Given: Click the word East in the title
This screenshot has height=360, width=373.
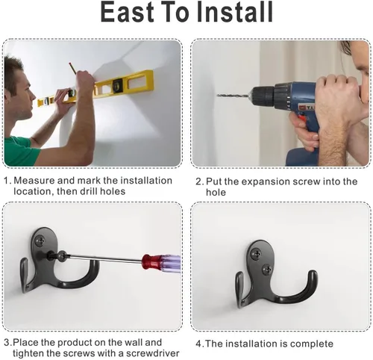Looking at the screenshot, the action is pyautogui.click(x=127, y=12).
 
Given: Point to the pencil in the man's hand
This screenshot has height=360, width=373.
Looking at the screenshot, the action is pyautogui.click(x=72, y=68).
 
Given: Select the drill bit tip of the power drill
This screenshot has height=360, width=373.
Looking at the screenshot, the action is pyautogui.click(x=218, y=95).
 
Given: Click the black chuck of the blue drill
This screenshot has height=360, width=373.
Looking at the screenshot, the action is pyautogui.click(x=263, y=95).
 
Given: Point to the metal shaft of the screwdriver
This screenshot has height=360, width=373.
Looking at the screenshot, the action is pyautogui.click(x=104, y=258).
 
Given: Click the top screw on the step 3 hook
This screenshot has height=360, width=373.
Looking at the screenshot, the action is pyautogui.click(x=40, y=240).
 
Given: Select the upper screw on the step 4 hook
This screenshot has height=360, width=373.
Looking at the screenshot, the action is pyautogui.click(x=255, y=254).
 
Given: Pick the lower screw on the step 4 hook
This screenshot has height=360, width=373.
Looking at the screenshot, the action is pyautogui.click(x=267, y=269).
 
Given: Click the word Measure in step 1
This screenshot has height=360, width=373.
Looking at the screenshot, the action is pyautogui.click(x=34, y=180).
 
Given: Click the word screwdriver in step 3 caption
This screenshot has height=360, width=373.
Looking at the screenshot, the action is pyautogui.click(x=153, y=353).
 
